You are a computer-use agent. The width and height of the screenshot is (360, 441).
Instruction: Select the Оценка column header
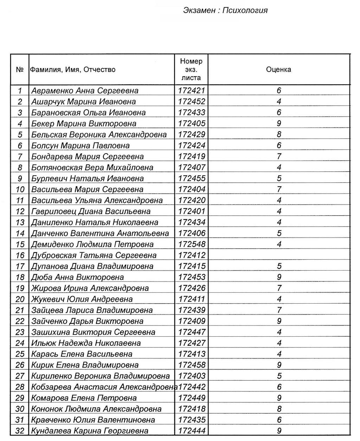(278, 70)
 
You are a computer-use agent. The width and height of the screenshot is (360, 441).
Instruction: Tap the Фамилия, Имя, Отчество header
(73, 70)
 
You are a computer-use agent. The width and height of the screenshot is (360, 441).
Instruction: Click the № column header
(20, 70)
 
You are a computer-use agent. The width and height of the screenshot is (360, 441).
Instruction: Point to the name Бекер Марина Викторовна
(84, 124)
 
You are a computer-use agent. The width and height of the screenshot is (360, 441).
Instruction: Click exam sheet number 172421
(191, 91)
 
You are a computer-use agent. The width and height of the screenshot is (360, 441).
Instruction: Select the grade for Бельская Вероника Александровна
(279, 135)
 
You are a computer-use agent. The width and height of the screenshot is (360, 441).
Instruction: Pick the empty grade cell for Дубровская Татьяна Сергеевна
(279, 255)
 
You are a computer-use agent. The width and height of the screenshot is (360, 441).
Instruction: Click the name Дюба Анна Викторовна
(77, 277)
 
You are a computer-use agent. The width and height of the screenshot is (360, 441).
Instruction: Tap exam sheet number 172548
(191, 244)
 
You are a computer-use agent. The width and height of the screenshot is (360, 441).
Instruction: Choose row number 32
(20, 431)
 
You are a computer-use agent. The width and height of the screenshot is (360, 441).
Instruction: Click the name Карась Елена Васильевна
(82, 354)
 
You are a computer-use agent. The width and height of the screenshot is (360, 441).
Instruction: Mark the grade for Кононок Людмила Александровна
(279, 409)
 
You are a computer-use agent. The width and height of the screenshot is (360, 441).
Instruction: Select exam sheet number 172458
(191, 365)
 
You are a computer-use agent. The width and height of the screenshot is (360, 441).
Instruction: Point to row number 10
(20, 189)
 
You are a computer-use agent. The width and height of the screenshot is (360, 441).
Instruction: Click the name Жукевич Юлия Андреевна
(82, 299)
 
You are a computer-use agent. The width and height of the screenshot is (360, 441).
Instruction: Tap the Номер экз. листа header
(191, 70)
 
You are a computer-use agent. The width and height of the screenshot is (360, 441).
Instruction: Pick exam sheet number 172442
(192, 387)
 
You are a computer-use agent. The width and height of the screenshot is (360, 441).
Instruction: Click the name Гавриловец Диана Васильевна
(91, 212)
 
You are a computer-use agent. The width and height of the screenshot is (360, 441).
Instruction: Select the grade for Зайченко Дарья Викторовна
(279, 321)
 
